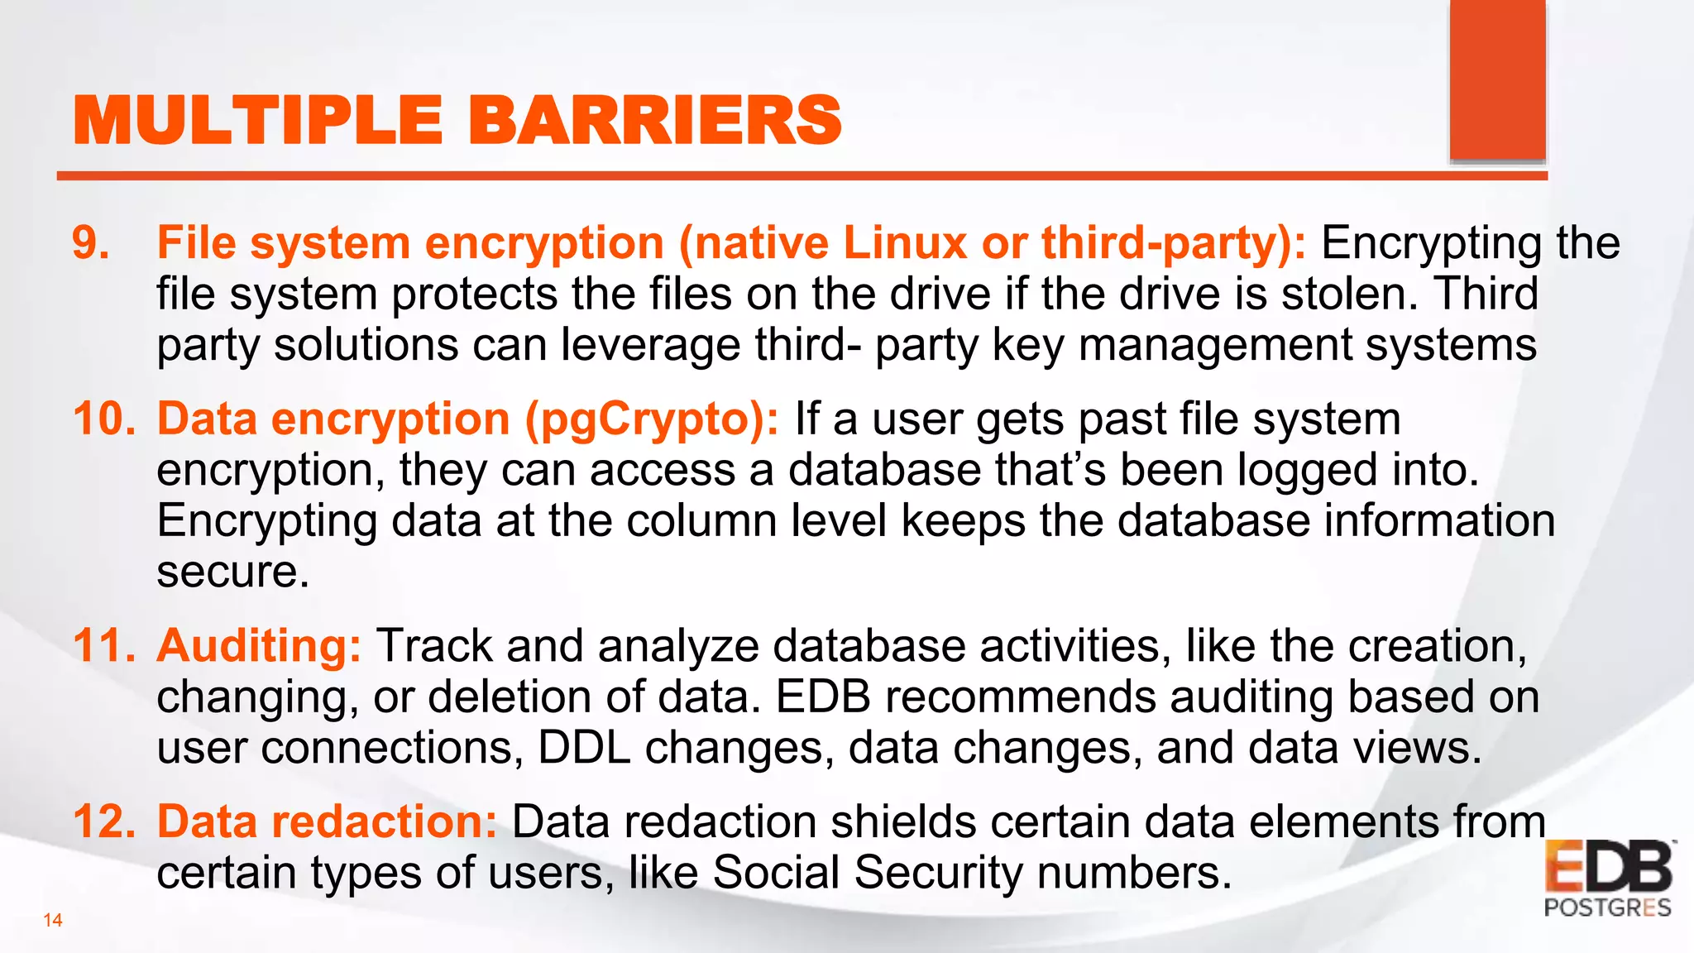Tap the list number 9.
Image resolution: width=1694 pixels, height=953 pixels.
(90, 243)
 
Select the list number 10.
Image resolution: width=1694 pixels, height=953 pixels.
(103, 419)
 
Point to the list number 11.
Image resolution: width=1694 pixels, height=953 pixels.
(103, 645)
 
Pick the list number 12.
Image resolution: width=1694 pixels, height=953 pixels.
(103, 821)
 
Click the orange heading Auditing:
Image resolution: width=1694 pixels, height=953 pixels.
(259, 645)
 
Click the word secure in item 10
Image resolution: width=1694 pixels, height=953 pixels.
(232, 572)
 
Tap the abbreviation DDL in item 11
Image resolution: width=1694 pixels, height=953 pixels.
(584, 748)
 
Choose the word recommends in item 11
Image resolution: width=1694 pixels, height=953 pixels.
(1020, 697)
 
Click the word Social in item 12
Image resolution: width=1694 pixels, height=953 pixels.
(775, 873)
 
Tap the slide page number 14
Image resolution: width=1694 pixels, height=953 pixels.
(53, 920)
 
